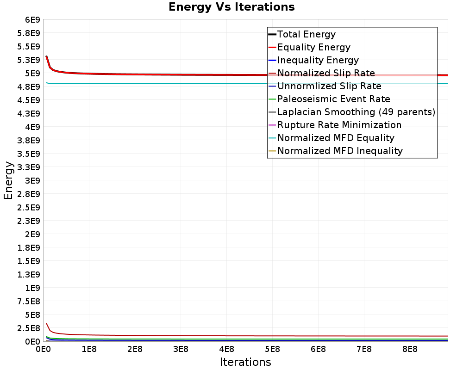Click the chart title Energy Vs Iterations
point(231,7)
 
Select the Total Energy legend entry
point(302,34)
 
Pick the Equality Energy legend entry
point(309,47)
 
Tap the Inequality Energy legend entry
point(313,60)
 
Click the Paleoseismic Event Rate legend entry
point(329,99)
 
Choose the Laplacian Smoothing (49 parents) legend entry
point(352,112)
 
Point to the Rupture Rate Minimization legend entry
point(335,125)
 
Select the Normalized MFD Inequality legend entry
point(335,151)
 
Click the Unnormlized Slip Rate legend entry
point(325,86)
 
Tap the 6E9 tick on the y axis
point(32,20)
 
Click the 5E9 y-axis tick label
point(32,73)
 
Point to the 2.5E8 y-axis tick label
point(29,328)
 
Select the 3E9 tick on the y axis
point(32,180)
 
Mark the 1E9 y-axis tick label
point(32,288)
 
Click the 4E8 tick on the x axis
point(226,349)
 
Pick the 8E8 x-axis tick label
point(410,349)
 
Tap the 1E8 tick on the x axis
point(89,349)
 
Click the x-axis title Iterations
point(245,362)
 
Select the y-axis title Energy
point(8,180)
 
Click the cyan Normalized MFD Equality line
point(247,84)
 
